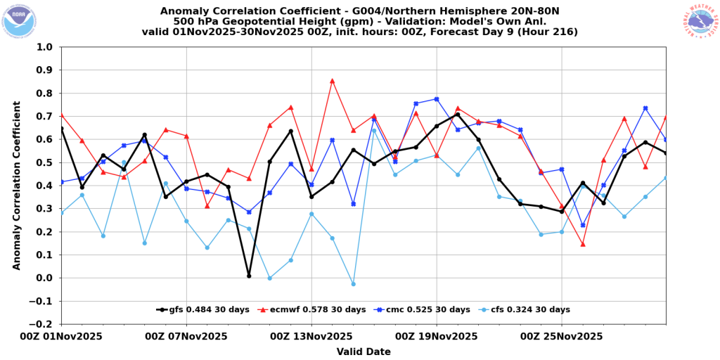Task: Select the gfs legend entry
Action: coord(202,309)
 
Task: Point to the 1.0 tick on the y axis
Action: coord(47,47)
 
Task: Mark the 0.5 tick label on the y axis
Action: coord(47,162)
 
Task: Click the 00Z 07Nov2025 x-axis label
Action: coord(186,337)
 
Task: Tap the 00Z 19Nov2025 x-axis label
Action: coord(436,337)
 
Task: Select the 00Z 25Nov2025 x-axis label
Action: coord(561,337)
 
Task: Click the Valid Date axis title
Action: coord(364,352)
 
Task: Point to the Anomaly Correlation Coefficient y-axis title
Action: coord(17,186)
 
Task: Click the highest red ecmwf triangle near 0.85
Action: coord(333,81)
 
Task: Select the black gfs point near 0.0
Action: coord(249,276)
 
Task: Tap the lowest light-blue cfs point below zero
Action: coord(353,284)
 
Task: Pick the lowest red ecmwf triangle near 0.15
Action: coord(583,244)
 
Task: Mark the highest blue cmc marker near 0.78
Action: coord(437,99)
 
